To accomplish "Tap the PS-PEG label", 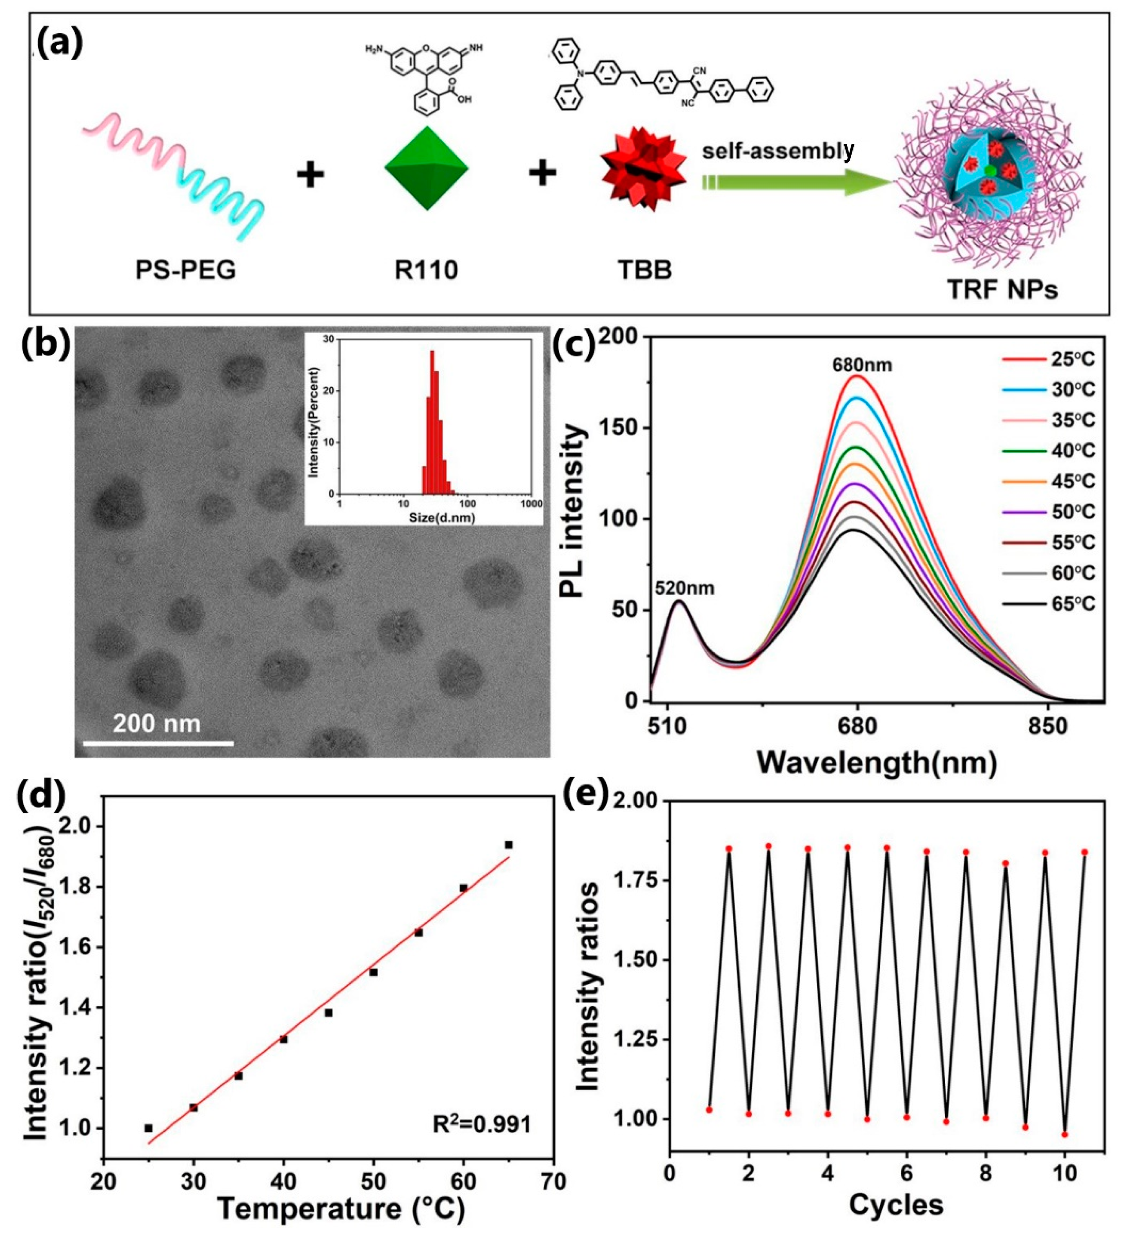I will point(185,270).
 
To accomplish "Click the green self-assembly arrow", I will point(793,183).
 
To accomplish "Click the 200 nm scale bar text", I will point(157,723).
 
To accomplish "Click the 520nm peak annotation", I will point(684,588).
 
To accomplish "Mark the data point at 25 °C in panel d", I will point(148,1128).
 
